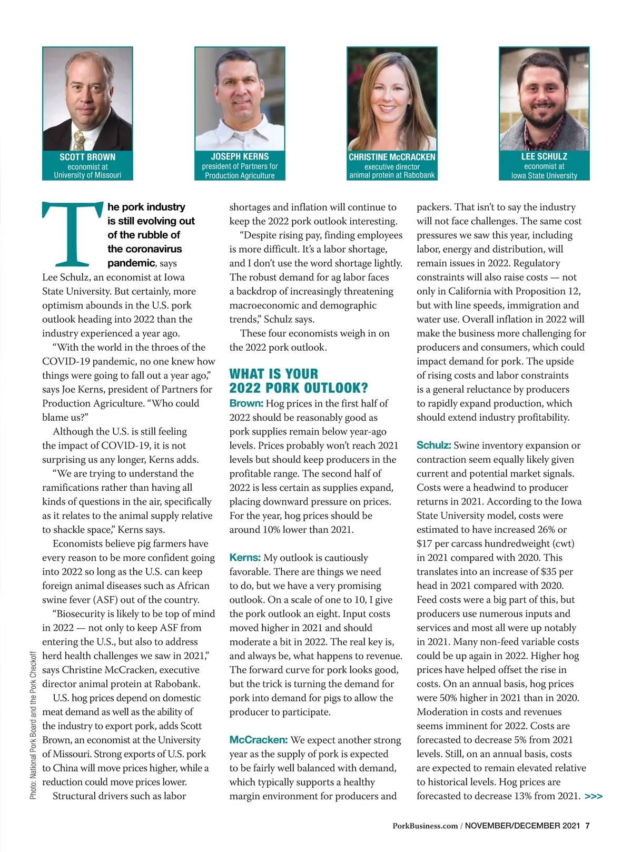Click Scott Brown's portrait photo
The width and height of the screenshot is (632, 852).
87,99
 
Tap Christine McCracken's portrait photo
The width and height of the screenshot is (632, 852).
392,99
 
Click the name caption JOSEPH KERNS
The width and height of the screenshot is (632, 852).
240,156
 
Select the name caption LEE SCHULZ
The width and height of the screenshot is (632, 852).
544,156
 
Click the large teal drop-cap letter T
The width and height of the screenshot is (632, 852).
72,234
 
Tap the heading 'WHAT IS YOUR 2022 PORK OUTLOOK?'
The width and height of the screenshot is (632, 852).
299,381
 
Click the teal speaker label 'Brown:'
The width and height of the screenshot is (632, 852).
246,403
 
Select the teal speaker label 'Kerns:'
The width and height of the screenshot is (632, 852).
245,558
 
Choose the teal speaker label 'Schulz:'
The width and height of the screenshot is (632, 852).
433,445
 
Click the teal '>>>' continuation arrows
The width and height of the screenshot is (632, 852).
594,797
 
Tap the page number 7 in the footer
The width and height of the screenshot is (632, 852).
587,826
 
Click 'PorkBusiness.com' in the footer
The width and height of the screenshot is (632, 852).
425,826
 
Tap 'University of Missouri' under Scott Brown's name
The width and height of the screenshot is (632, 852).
87,175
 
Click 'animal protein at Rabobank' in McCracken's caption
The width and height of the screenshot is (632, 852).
392,175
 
